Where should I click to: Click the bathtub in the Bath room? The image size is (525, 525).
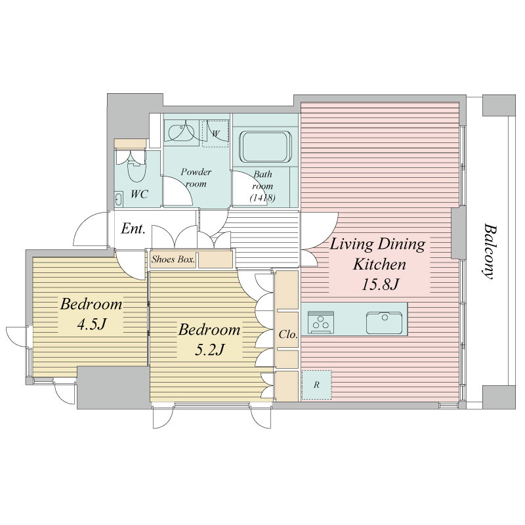(265, 146)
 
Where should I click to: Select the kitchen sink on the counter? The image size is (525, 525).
(384, 323)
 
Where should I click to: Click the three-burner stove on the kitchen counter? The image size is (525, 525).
(322, 322)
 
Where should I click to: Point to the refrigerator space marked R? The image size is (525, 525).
(316, 385)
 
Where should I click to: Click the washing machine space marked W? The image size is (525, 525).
(216, 134)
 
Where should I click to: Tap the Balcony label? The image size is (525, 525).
(490, 251)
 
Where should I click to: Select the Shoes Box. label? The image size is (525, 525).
(173, 259)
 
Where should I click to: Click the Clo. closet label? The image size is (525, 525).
(288, 334)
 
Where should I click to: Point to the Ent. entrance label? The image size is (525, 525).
(133, 228)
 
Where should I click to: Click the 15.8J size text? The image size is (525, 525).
(380, 285)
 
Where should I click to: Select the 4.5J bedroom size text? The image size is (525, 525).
(91, 324)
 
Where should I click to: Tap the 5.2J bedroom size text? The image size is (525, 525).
(209, 350)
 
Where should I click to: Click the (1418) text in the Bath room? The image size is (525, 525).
(262, 198)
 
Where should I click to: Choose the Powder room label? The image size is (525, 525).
(196, 178)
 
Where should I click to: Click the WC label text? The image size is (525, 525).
(139, 194)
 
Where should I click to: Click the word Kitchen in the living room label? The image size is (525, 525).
(379, 264)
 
